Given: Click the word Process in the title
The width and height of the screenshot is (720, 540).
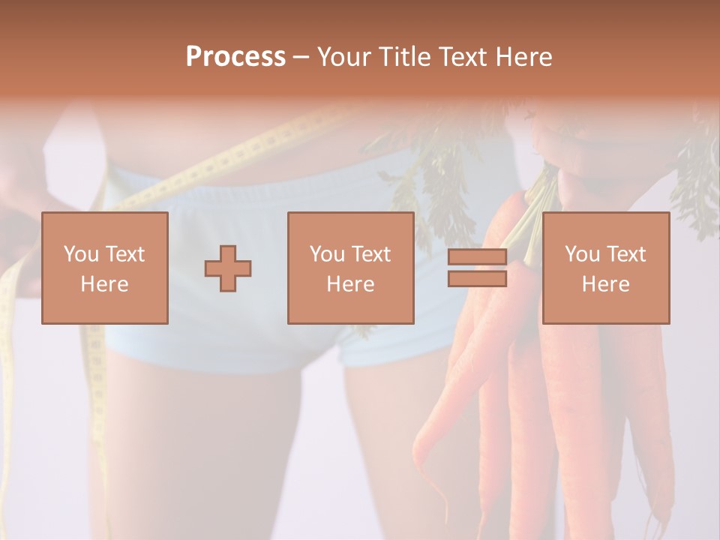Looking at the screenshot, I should [235, 57].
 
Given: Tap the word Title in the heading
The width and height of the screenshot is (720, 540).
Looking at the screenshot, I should [403, 57].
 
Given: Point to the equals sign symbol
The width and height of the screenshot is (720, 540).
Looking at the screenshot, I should [477, 268].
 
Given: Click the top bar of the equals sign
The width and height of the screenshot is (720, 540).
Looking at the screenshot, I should [477, 257].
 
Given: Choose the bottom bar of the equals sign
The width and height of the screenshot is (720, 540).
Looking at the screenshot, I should [477, 279].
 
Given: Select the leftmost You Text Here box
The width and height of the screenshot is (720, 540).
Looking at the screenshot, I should [104, 268].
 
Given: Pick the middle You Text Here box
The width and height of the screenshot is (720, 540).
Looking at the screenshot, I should [350, 268].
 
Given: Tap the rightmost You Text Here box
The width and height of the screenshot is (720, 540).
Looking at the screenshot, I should [605, 268].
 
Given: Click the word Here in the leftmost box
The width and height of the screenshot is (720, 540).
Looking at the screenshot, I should [104, 284].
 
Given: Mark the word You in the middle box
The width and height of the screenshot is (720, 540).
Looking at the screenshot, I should [326, 254].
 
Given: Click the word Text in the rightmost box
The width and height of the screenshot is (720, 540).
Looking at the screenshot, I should [625, 254].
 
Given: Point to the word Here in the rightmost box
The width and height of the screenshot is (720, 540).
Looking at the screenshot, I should [605, 284].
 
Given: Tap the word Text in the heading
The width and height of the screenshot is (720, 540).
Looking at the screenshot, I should [461, 57].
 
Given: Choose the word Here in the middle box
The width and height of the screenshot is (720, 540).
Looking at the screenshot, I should [350, 284].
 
